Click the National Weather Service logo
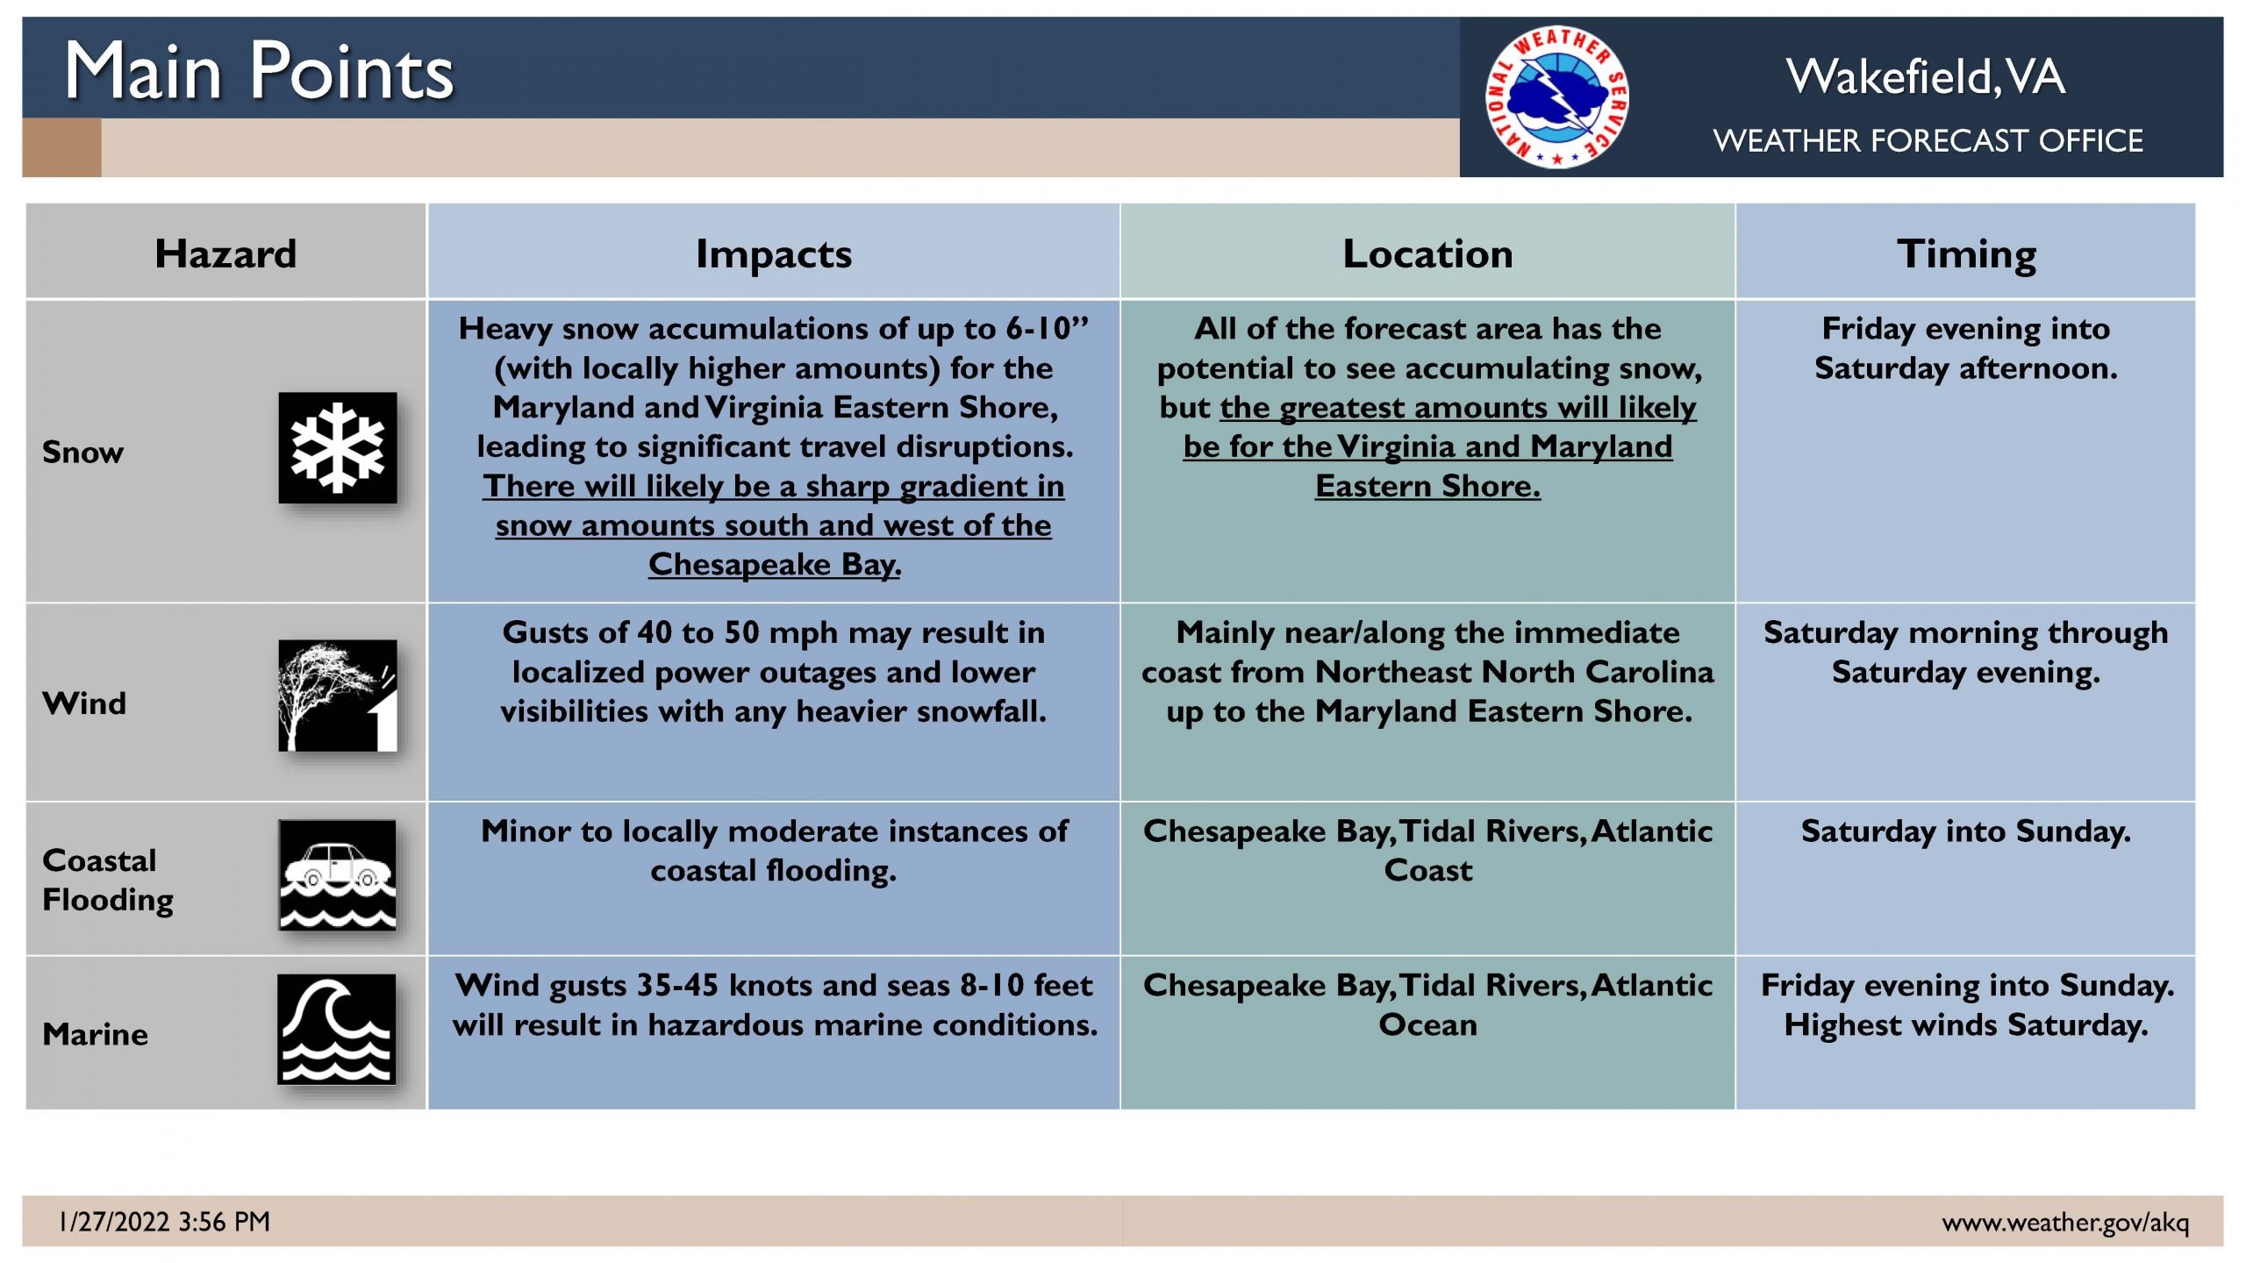pos(1557,96)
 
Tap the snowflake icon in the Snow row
pos(338,447)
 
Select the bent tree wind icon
pos(338,696)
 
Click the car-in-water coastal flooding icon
pos(338,874)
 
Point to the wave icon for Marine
pos(337,1029)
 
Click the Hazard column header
pos(225,253)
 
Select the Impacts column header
pos(773,254)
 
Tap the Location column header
pos(1427,253)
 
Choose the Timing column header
pos(1966,254)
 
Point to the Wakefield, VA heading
pos(1926,76)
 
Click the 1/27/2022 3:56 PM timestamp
pos(164,1221)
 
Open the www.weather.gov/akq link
pos(2065,1222)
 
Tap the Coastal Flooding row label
pos(108,880)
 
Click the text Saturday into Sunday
pos(1966,831)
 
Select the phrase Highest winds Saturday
pos(1966,1024)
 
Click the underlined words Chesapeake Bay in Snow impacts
pos(775,564)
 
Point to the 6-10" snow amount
pos(1047,328)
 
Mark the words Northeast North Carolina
pos(1514,671)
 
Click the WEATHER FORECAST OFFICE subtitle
pos(1928,140)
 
